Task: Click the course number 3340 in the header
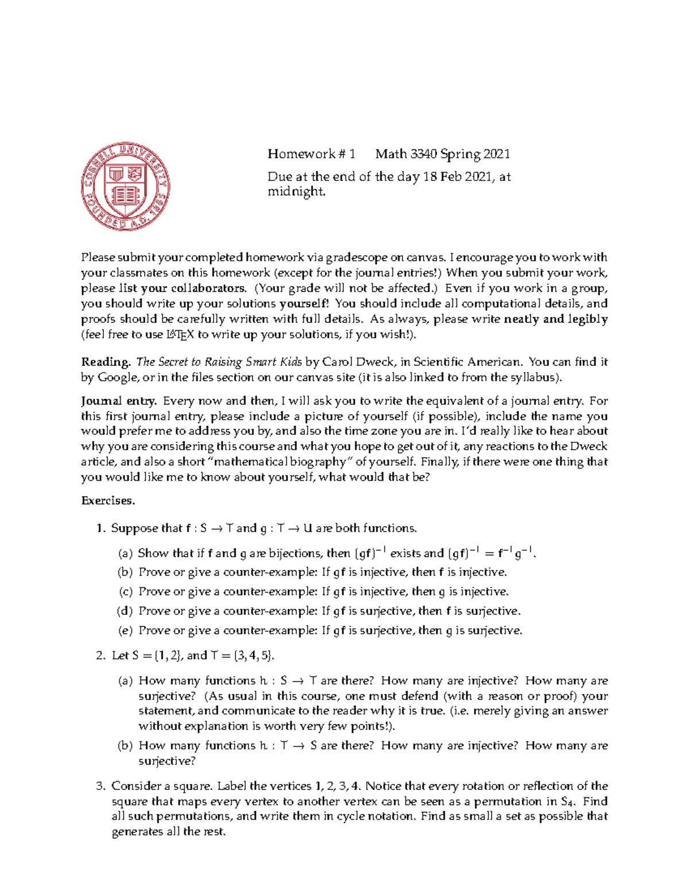[423, 154]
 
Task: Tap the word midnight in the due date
[296, 192]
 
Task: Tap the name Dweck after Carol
[367, 362]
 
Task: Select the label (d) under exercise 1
[125, 611]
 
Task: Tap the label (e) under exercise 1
[125, 631]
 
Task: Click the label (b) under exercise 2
[125, 746]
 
